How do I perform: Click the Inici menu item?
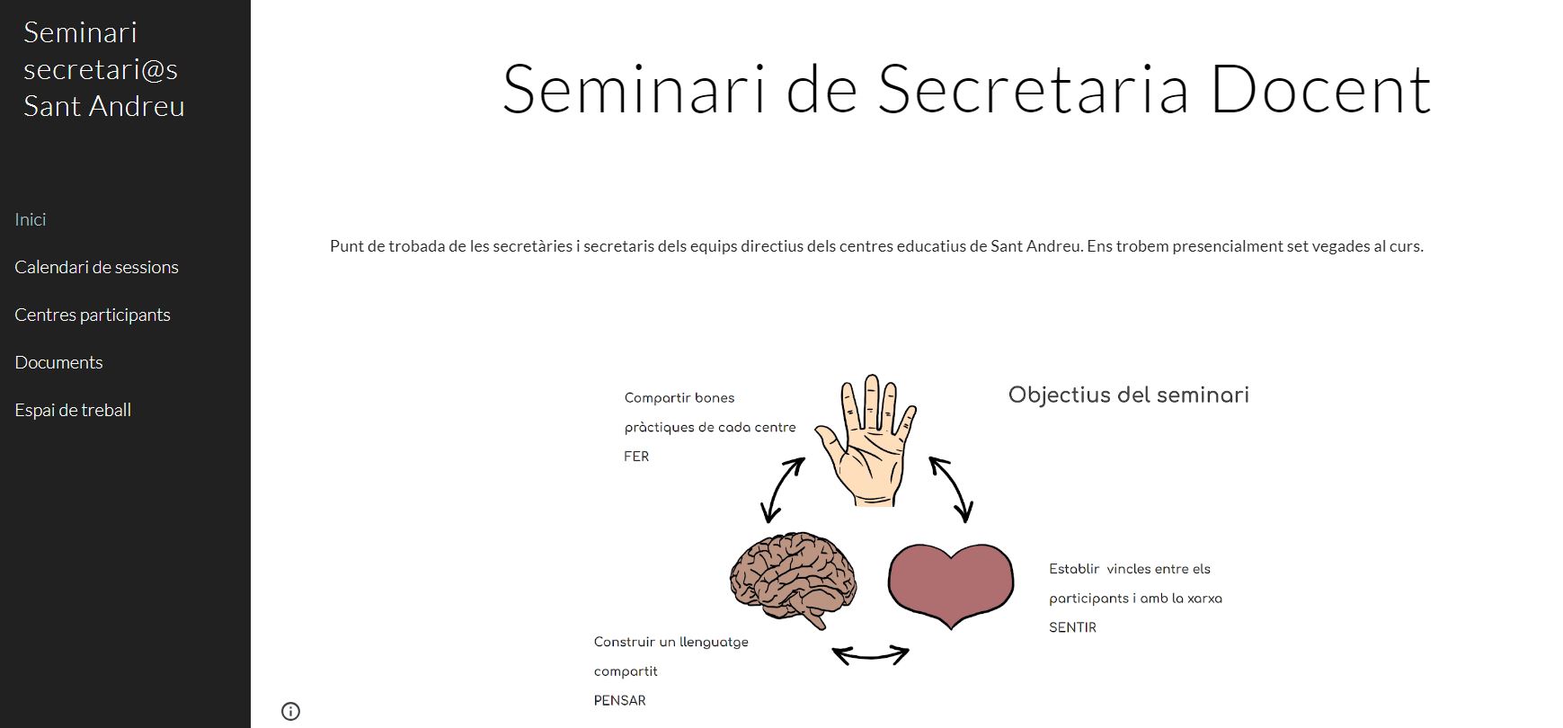(31, 219)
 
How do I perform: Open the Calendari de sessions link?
(96, 267)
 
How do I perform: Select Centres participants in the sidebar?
(93, 315)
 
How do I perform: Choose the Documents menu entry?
(58, 362)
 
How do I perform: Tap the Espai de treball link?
(73, 410)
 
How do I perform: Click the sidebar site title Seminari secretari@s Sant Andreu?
(103, 69)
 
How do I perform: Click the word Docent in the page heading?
(1320, 89)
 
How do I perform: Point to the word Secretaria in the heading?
(1034, 89)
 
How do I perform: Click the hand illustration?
(866, 440)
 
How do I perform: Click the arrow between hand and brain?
(781, 491)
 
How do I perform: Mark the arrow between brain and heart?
(870, 655)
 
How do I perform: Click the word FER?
(636, 457)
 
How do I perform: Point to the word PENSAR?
(620, 701)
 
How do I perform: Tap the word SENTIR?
(1073, 628)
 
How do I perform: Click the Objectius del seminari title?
(1129, 395)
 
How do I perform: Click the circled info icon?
(290, 711)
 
